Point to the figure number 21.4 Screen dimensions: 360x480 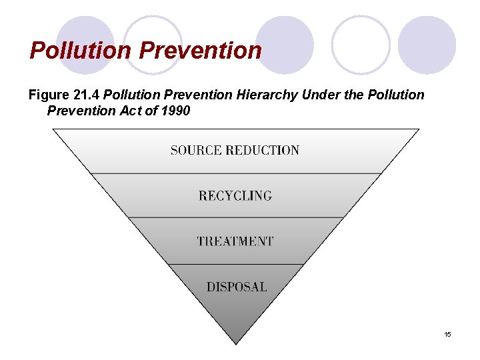point(87,95)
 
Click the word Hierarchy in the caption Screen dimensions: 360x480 point(267,95)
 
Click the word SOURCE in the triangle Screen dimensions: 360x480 point(195,150)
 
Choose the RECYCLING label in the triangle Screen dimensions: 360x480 point(235,196)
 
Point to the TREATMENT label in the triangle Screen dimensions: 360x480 point(235,241)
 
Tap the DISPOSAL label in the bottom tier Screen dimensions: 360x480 point(236,287)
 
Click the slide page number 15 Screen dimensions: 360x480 point(447,334)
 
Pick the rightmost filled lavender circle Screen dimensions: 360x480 point(427,45)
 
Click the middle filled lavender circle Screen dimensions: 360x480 point(284,45)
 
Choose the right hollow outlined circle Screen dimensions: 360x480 point(361,45)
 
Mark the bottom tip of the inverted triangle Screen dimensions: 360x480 point(235,343)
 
